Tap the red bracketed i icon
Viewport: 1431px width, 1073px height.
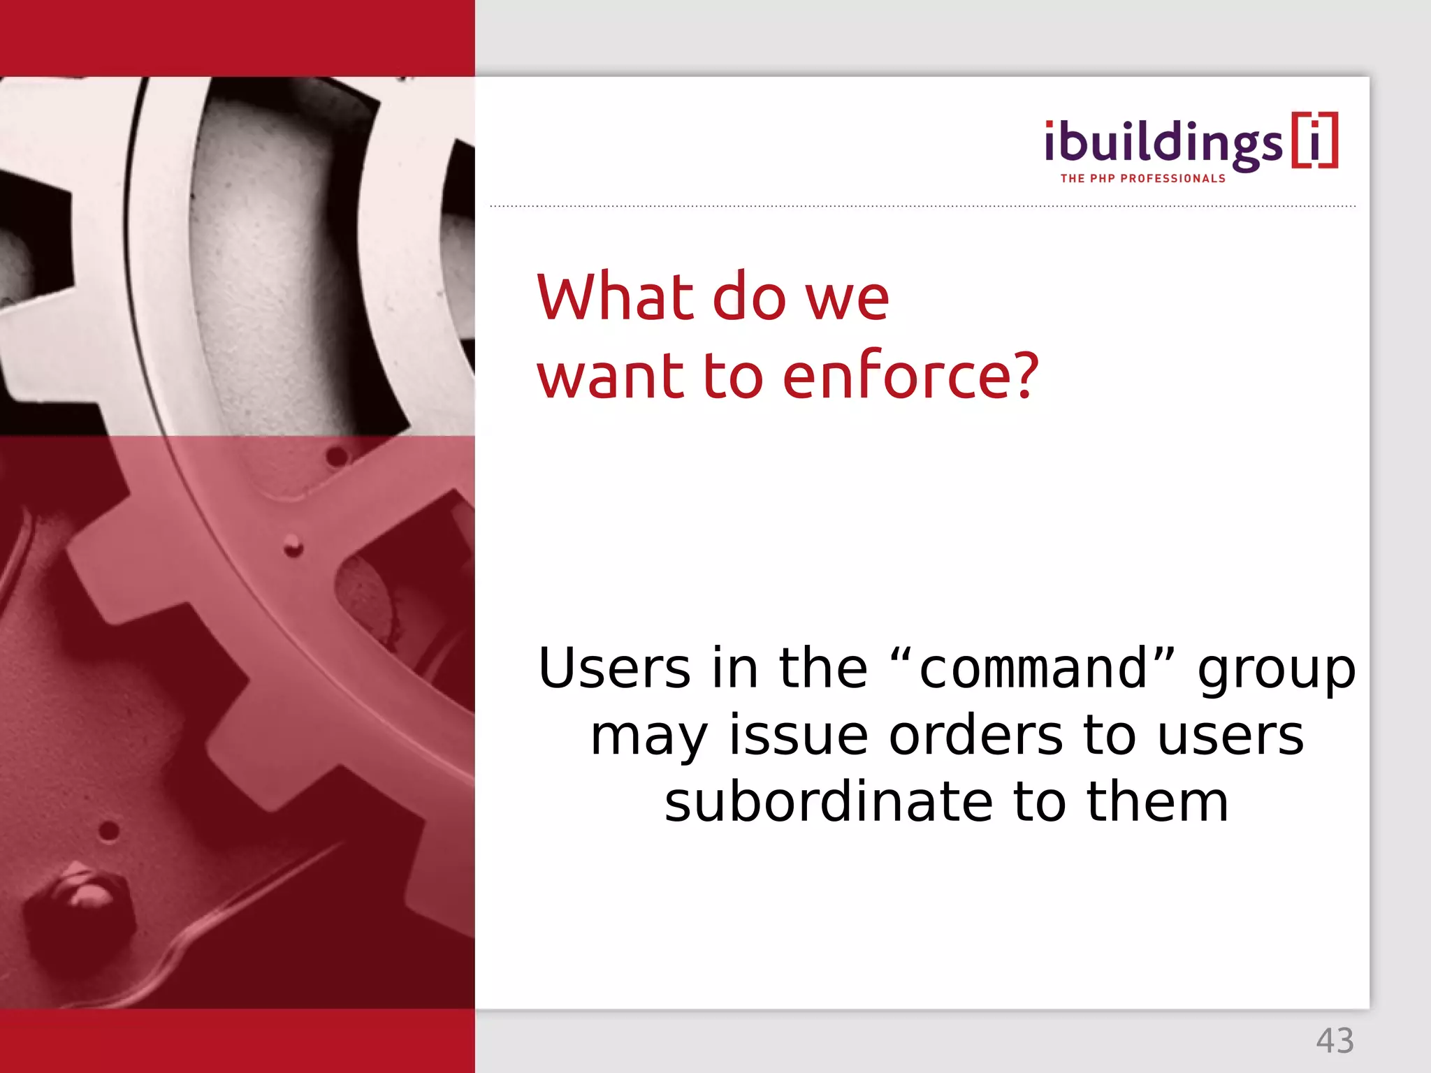click(1314, 140)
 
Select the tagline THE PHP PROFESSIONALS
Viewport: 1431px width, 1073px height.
click(1142, 179)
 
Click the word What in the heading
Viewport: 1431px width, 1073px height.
click(614, 298)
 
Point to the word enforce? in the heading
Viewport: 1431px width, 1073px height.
click(910, 376)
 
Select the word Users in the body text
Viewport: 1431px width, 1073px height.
click(614, 669)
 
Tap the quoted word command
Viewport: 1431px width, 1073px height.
click(1033, 669)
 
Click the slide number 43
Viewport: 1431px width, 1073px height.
click(1335, 1041)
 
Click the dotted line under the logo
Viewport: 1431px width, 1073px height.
click(922, 207)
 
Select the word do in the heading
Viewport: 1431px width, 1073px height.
click(749, 298)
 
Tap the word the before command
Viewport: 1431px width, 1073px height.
click(822, 669)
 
